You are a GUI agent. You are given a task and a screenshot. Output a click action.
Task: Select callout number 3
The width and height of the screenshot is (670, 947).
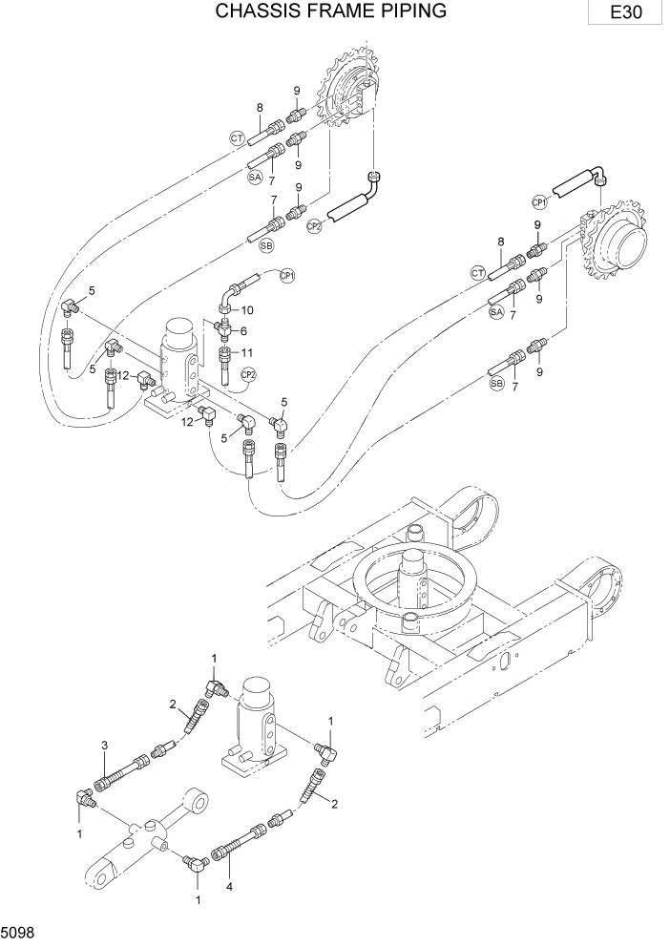pyautogui.click(x=103, y=745)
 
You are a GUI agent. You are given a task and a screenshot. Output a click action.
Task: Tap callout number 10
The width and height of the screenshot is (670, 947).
pyautogui.click(x=247, y=309)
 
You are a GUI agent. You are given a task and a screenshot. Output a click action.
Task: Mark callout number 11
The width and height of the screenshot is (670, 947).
pyautogui.click(x=247, y=352)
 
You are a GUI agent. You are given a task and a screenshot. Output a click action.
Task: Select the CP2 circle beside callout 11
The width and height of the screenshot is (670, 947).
pyautogui.click(x=248, y=374)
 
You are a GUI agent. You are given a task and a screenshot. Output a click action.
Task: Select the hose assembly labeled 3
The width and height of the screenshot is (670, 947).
pyautogui.click(x=114, y=775)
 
